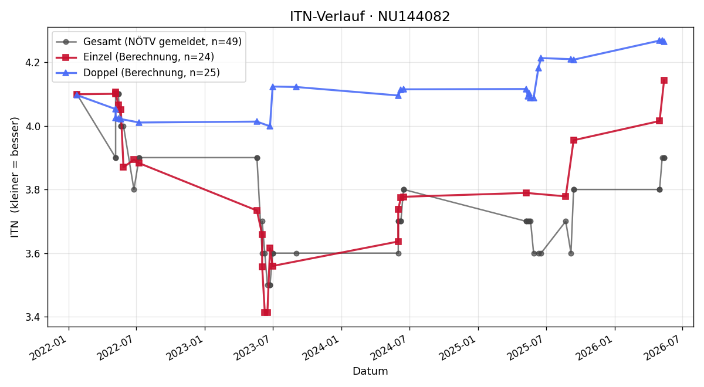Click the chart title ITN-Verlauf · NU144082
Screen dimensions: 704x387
(x=370, y=16)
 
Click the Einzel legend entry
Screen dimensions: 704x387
(x=135, y=57)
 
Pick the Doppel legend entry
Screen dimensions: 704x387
(x=138, y=73)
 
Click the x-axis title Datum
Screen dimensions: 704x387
(x=370, y=371)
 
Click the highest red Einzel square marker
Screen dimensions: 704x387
(x=664, y=80)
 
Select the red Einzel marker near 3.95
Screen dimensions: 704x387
(x=574, y=140)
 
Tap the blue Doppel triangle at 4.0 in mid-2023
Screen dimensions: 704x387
(x=270, y=126)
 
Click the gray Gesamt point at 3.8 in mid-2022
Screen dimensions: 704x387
(x=134, y=190)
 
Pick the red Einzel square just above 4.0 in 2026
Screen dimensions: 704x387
(x=659, y=121)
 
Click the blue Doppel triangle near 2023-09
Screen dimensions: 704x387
(x=296, y=87)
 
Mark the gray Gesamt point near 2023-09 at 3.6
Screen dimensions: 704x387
(x=296, y=253)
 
